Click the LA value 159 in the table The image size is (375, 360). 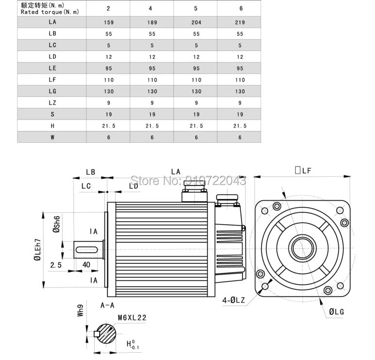(x=108, y=22)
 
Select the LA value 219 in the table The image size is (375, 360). (x=240, y=22)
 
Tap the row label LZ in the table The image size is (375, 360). (x=52, y=103)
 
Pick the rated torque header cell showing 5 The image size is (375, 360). (x=196, y=8)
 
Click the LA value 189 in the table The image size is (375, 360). (x=152, y=22)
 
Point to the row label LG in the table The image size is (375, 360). (x=52, y=91)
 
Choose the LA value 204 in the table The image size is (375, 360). (x=196, y=22)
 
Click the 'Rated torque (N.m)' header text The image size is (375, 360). (x=50, y=12)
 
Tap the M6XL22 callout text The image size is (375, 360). (x=132, y=318)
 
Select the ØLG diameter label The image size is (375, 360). (x=336, y=311)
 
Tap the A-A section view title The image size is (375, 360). (x=107, y=306)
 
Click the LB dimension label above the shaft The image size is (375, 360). (x=90, y=172)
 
